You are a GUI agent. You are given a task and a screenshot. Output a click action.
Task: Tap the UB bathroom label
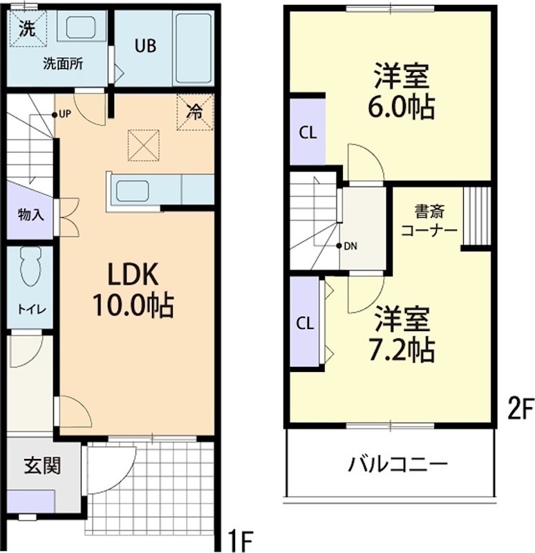point(145,46)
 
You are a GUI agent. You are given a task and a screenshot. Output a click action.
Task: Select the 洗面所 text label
point(64,64)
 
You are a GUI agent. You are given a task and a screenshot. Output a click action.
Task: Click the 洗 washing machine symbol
point(27,29)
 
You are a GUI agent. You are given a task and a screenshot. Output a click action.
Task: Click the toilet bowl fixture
point(30,265)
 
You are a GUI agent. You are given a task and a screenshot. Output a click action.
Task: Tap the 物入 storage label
point(30,215)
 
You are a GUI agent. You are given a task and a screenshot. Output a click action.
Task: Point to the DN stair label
point(350,246)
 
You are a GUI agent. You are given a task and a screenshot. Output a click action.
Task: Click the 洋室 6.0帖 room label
point(404,91)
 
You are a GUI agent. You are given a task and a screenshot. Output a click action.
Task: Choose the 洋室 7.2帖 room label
point(404,335)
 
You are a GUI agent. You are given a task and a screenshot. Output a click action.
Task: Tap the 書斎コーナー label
point(429,220)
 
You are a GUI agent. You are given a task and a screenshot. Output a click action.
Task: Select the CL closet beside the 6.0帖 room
point(307,133)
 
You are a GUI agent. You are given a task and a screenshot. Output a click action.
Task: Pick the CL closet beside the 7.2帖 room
point(305,323)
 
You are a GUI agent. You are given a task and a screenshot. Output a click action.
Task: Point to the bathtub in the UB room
point(193,46)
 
